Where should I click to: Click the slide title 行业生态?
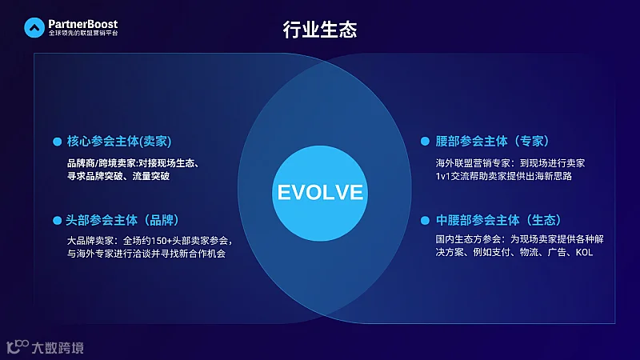319,30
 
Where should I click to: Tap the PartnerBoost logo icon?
34,29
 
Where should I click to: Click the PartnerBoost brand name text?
82,25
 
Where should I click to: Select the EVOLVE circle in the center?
320,192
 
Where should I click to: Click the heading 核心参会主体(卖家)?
119,141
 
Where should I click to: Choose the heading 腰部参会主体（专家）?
492,141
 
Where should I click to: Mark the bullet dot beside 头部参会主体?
57,220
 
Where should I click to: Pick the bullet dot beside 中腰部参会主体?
426,220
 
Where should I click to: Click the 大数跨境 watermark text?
57,347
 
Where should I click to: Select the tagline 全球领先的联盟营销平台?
82,35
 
